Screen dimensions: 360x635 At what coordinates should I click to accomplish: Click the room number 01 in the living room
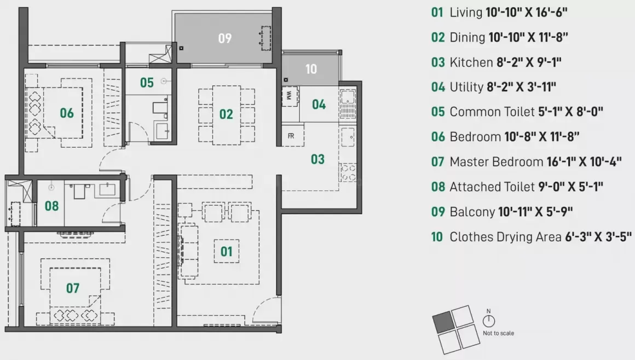pos(226,251)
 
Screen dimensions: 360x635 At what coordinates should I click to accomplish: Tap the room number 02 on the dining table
pos(226,114)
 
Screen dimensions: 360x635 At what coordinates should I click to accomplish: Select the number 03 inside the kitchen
pos(317,159)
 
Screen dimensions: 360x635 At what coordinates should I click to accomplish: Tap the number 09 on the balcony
pos(224,38)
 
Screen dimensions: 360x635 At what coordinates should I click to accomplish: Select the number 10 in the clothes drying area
pos(311,69)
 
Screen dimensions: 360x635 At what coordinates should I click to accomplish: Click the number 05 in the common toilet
pos(147,83)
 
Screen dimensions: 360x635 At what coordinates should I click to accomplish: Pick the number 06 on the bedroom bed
pos(67,113)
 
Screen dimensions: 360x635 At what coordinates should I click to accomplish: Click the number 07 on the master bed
pos(73,288)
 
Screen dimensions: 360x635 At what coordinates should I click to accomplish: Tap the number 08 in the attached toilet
pos(51,206)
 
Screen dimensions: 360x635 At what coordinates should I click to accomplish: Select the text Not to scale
pos(498,333)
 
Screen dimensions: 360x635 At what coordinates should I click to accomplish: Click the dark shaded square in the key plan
pos(442,322)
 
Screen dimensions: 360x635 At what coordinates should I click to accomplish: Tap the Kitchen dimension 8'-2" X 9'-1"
pos(529,62)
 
